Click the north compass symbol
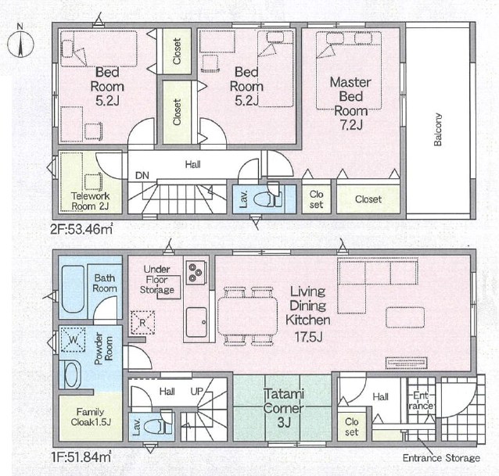pos(20,44)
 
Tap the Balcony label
pos(438,130)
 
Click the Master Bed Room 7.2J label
pos(350,103)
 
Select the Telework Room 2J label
pos(91,201)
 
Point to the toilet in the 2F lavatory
pos(268,198)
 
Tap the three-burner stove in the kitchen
pos(196,273)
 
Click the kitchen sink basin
pos(196,323)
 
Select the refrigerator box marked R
pos(143,323)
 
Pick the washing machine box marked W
pos(74,339)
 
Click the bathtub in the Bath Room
pos(73,289)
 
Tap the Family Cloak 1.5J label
pos(91,417)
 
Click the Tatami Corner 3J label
pos(284,408)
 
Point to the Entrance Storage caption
pos(441,458)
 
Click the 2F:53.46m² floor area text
pos(81,228)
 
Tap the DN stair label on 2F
pos(142,175)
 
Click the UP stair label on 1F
pos(196,392)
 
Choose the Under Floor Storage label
pos(157,280)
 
